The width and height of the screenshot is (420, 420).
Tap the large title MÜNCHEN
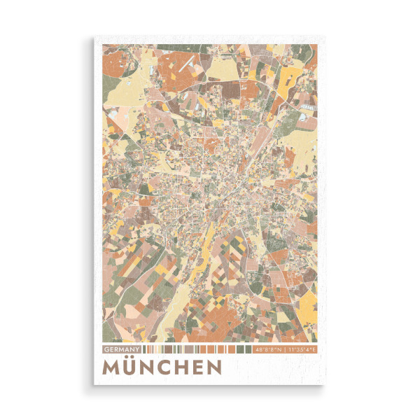(x=162, y=367)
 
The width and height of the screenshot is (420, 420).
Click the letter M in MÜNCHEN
(x=112, y=367)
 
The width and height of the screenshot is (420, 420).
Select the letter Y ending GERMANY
(x=139, y=349)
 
